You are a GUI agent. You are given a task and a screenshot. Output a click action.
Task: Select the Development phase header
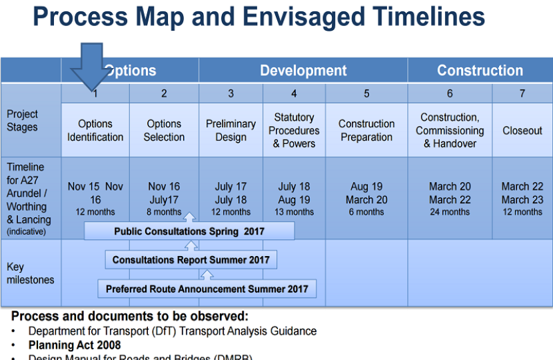point(303,71)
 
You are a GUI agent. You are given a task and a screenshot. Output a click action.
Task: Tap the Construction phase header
point(480,71)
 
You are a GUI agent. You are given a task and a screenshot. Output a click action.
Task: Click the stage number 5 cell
point(366,93)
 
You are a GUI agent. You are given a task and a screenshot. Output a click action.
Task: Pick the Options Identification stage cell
point(95,131)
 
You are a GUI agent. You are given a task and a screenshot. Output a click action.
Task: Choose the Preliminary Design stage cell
point(231,131)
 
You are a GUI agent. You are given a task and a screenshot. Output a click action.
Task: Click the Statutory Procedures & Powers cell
point(294,131)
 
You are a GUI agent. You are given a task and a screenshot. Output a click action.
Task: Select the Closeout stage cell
point(522,131)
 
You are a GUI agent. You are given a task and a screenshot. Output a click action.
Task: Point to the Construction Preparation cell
point(366,131)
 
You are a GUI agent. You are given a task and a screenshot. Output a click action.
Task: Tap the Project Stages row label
point(23,121)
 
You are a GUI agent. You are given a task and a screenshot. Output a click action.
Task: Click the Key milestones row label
point(30,273)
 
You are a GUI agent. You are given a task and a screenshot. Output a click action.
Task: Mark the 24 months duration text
point(450,213)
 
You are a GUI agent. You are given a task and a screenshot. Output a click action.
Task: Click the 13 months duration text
point(294,213)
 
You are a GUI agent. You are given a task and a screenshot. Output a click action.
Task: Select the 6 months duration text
point(366,213)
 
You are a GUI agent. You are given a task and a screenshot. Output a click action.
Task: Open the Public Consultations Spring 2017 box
point(189,231)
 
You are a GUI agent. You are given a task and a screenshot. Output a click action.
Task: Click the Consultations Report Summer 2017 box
point(191,260)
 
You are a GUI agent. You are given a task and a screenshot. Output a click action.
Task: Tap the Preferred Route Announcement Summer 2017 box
point(207,289)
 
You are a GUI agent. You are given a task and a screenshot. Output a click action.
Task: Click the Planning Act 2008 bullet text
point(75,345)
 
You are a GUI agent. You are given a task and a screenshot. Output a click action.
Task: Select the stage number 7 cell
point(522,93)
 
